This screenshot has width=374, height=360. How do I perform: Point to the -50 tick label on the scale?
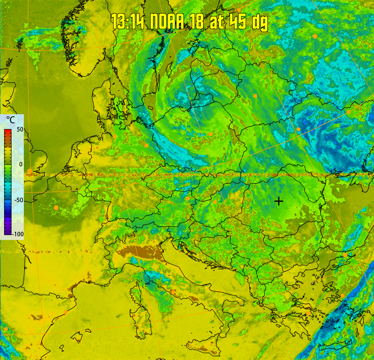(19, 200)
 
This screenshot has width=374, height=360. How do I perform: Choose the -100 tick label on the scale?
(18, 234)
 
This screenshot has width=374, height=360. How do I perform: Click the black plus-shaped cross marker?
(279, 201)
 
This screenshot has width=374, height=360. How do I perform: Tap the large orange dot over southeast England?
(30, 171)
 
